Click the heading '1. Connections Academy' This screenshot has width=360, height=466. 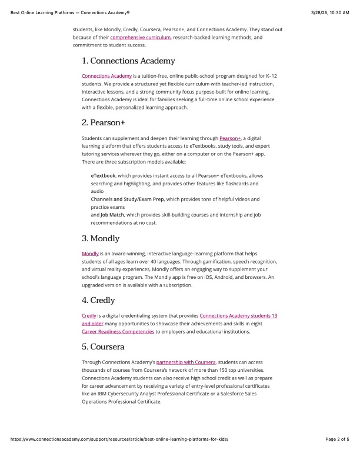pos(128,61)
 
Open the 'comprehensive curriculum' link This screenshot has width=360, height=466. pos(141,37)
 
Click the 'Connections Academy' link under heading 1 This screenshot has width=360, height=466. pos(106,76)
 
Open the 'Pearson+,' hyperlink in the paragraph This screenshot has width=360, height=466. pos(230,138)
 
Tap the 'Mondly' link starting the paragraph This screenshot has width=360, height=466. pos(90,254)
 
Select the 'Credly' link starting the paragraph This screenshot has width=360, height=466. pos(89,316)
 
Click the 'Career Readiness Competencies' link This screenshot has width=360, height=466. pos(118,332)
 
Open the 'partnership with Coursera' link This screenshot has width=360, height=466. pos(186,362)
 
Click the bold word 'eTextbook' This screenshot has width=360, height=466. pos(103,176)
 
